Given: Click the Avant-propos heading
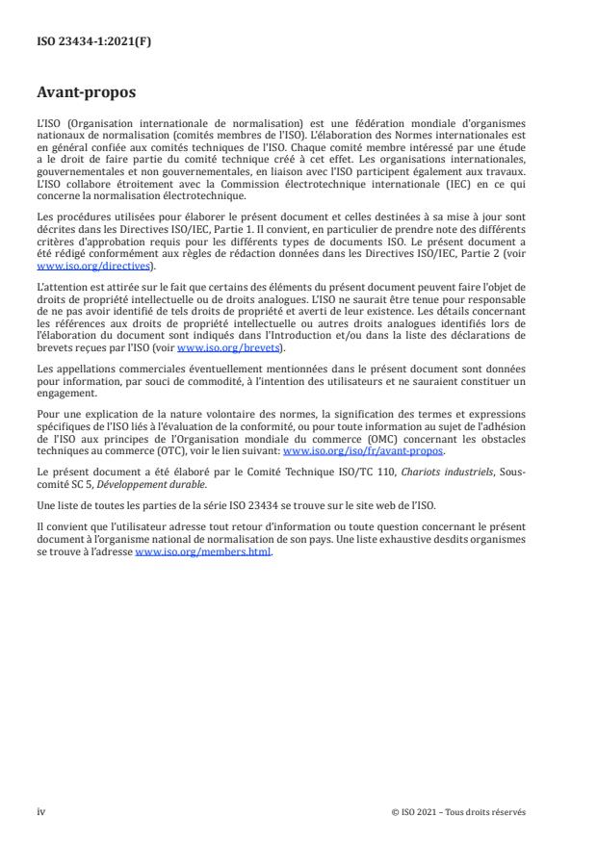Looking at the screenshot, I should tap(88, 94).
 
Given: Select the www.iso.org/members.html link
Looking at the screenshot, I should tap(204, 551).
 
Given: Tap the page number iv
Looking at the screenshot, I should tap(40, 811).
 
